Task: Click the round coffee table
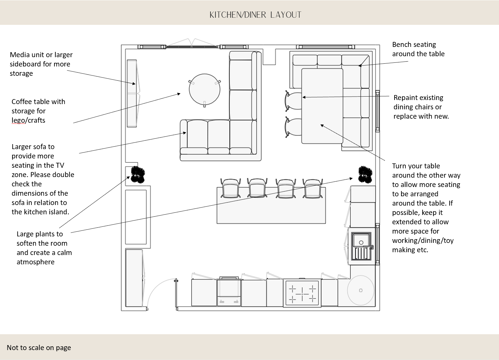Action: coord(205,89)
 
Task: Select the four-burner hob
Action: coord(302,293)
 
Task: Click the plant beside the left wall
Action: coord(137,174)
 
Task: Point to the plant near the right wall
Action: coord(365,174)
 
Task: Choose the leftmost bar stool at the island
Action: coord(230,188)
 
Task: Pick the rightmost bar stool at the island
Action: coord(312,188)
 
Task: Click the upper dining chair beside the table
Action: coord(293,100)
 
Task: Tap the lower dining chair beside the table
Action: coord(293,127)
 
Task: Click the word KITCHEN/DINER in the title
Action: coord(238,15)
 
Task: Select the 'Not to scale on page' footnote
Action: coord(39,348)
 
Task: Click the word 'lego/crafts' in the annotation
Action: coord(28,121)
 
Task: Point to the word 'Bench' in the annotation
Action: coord(402,45)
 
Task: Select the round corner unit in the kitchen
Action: coord(361,290)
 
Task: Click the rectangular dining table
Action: coord(322,106)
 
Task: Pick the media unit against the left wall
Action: coord(132,93)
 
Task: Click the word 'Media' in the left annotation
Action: coord(19,55)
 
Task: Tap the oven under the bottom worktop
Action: coord(229,292)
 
